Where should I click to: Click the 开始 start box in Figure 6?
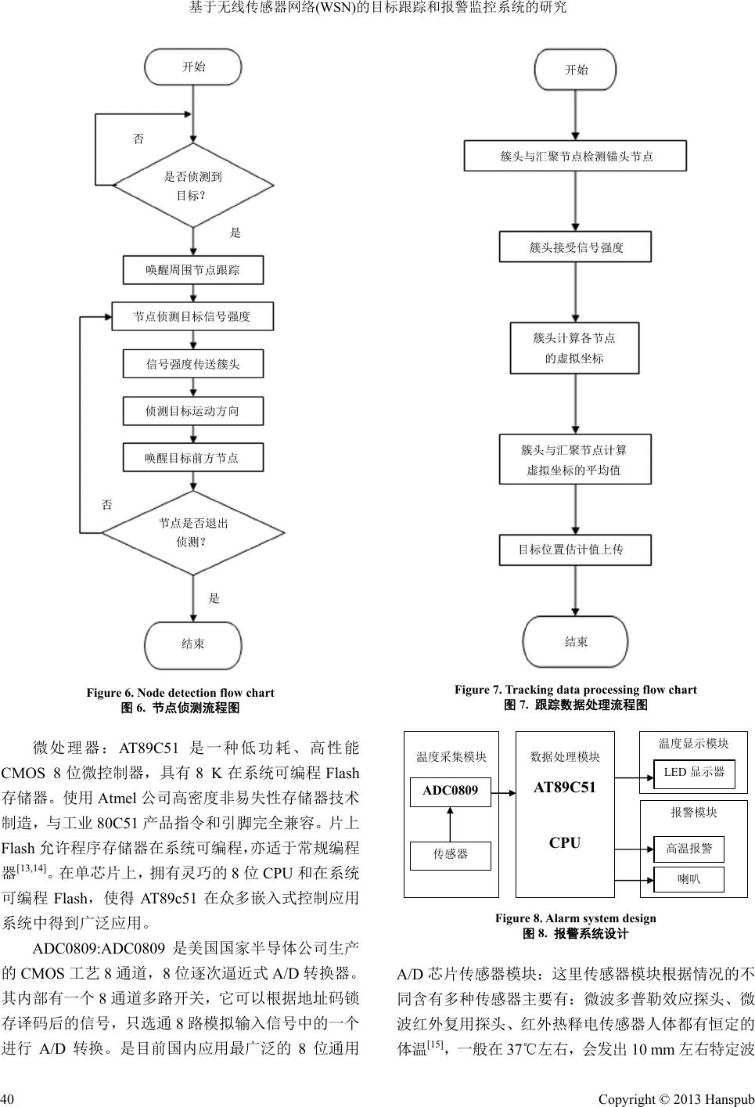click(x=193, y=67)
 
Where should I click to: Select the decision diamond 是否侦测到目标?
click(x=193, y=186)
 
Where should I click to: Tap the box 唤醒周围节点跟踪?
click(x=193, y=270)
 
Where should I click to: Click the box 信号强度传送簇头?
click(x=193, y=364)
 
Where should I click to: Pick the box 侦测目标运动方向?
click(x=193, y=411)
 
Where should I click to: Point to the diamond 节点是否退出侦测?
click(x=193, y=532)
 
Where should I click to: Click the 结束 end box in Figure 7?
click(x=576, y=642)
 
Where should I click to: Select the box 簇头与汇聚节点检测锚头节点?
click(x=576, y=156)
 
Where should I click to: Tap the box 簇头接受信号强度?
click(x=576, y=247)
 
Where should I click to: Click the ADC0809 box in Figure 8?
click(x=451, y=791)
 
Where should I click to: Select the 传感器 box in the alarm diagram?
click(x=451, y=855)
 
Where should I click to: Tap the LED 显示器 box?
click(x=694, y=773)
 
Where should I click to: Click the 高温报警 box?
click(x=688, y=849)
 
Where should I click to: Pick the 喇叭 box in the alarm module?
click(x=688, y=879)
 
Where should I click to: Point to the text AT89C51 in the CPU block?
click(x=565, y=788)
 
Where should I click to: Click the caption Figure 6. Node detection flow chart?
click(x=180, y=693)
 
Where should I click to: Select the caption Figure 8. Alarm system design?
click(x=575, y=918)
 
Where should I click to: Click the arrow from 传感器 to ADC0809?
click(x=451, y=824)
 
